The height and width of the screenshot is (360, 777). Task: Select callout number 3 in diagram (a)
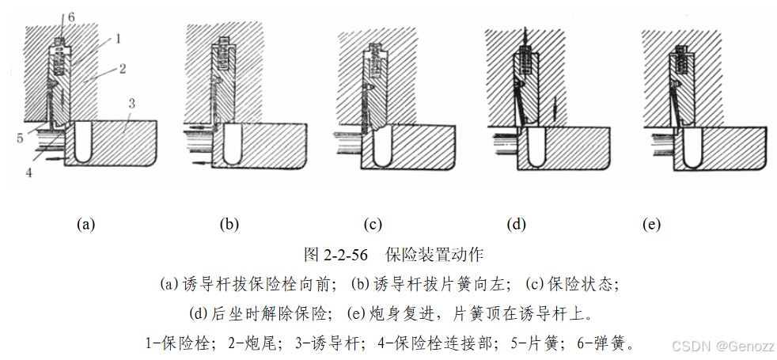click(132, 104)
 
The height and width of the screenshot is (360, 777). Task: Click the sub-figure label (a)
click(85, 224)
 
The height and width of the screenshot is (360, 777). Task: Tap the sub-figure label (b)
click(229, 224)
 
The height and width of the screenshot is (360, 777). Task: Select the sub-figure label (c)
click(373, 224)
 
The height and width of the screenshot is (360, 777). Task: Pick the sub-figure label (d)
click(517, 224)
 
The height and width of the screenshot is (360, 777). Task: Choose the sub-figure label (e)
click(651, 224)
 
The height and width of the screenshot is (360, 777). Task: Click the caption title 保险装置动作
click(434, 255)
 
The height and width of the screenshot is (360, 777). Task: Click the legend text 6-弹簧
click(601, 343)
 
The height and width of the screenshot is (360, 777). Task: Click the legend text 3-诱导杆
click(325, 343)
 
